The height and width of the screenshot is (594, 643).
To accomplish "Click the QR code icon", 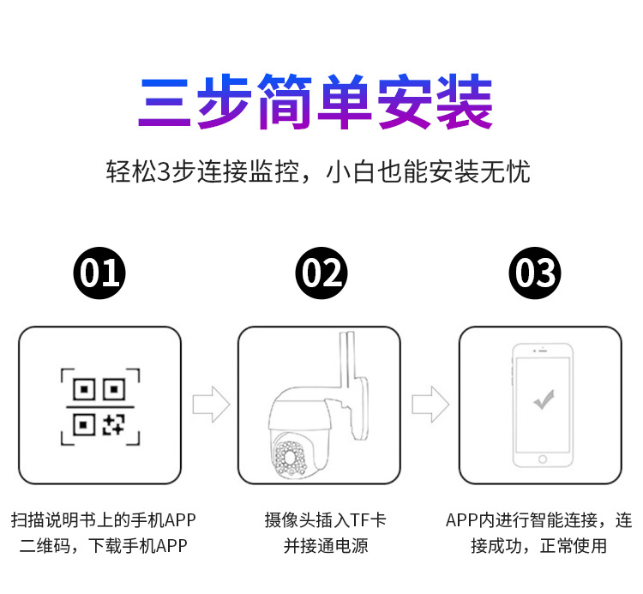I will (x=99, y=405).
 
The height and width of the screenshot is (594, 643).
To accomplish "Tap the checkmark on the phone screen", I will (x=542, y=399).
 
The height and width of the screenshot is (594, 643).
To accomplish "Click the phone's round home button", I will (x=542, y=459).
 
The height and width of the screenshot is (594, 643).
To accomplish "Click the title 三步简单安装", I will (x=316, y=104).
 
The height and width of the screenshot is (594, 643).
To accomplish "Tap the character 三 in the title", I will (x=165, y=104).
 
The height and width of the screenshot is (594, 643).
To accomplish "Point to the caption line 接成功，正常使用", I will (x=538, y=545).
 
